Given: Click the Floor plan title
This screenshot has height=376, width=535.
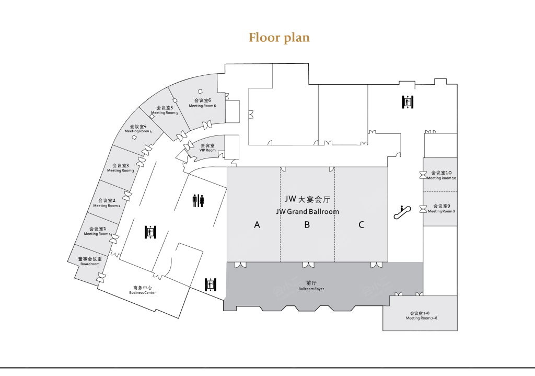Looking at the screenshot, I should [279, 38].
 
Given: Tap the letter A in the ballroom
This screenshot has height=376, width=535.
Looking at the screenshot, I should [257, 225].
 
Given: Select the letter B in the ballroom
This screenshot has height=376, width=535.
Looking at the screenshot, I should [307, 225].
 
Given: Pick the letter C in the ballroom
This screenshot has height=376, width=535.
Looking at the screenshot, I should [361, 225].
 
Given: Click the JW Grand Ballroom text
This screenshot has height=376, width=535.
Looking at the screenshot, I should [307, 212].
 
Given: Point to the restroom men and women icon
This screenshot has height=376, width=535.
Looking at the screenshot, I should [198, 201].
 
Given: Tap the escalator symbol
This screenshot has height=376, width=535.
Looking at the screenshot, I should [402, 212].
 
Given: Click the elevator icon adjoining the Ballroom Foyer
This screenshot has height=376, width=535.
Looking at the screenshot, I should [210, 284].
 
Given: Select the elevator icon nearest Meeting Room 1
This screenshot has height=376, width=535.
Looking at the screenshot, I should [150, 232].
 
